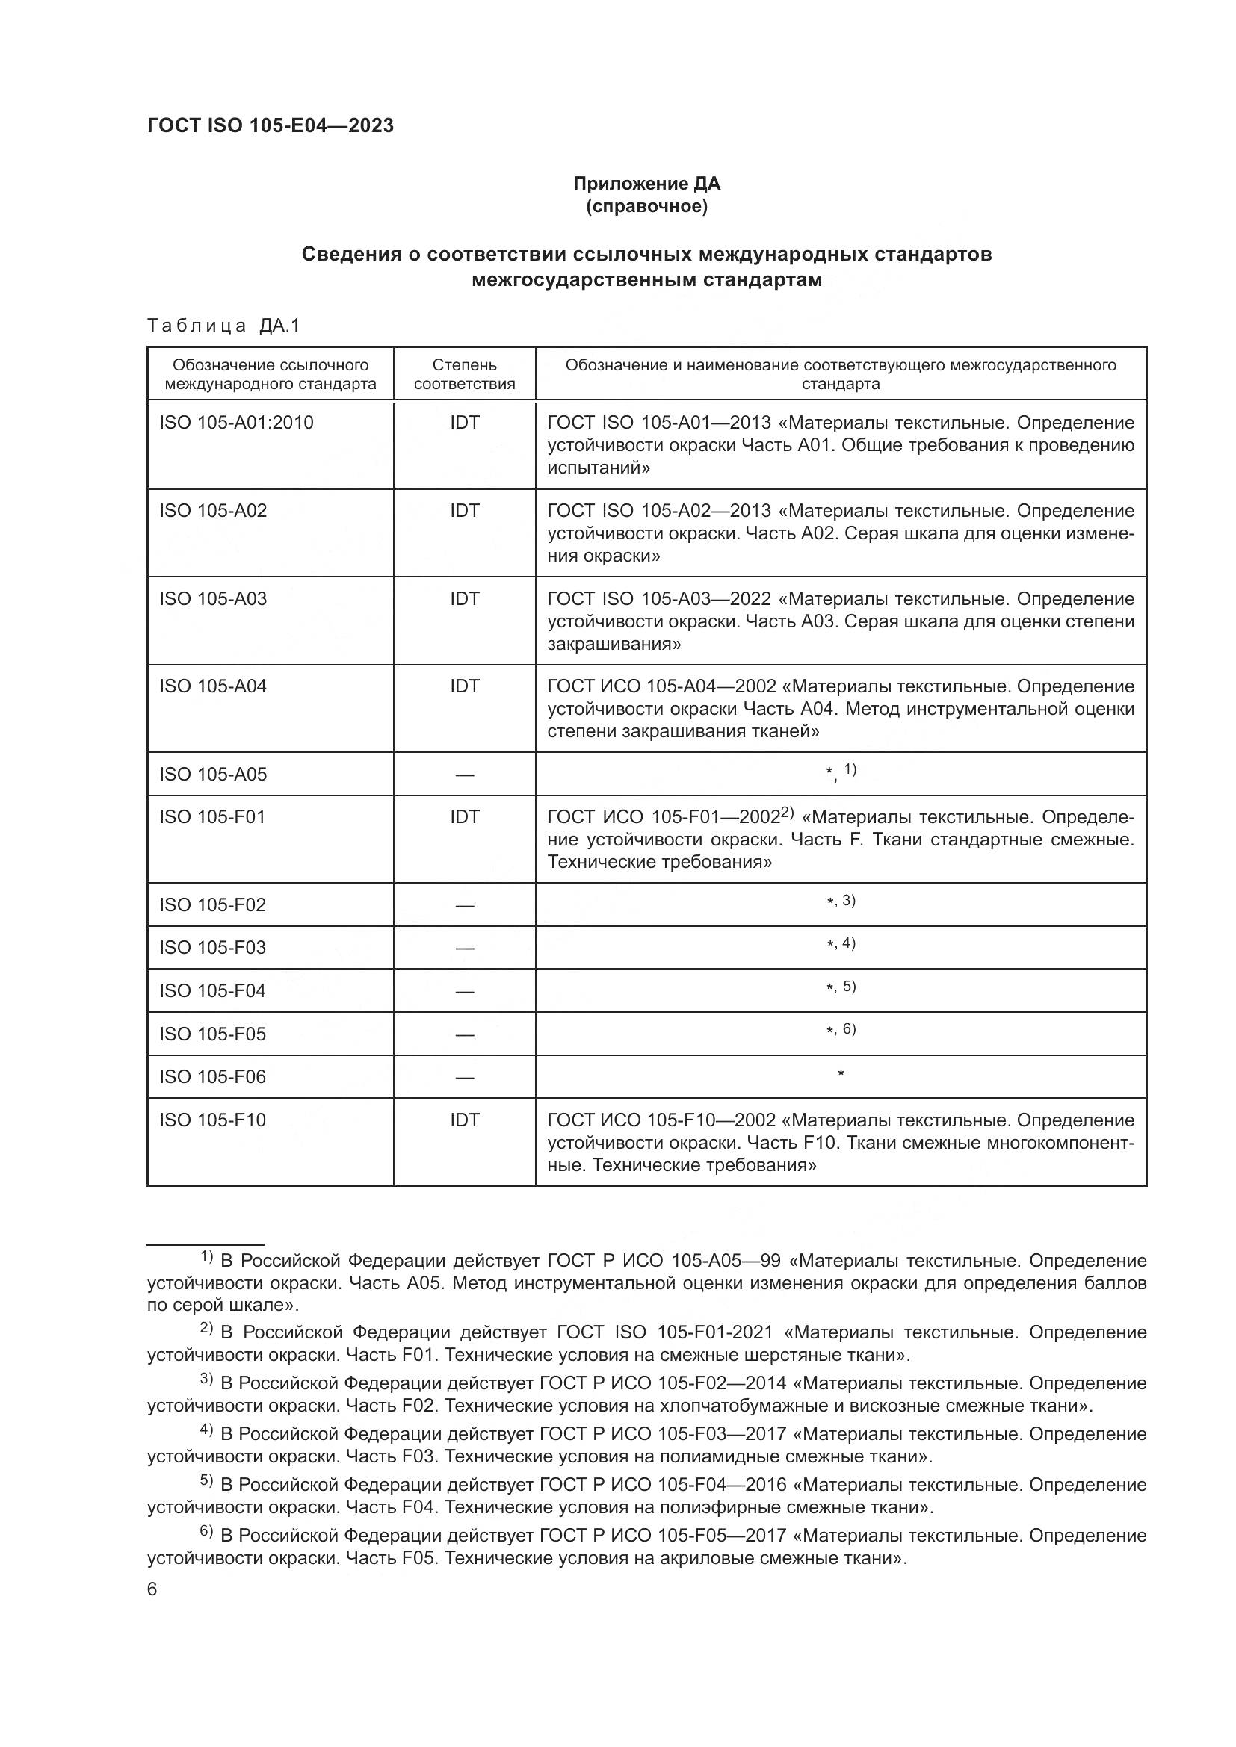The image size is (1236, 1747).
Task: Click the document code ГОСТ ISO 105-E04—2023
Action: (271, 125)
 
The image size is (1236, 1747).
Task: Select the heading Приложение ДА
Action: (646, 184)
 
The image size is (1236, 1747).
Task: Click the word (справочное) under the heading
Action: (646, 206)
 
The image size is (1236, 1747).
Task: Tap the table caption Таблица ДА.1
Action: (223, 326)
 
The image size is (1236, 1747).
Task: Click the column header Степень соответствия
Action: (464, 374)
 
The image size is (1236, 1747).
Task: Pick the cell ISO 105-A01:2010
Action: (236, 422)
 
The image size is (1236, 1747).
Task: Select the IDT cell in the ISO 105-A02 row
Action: (464, 511)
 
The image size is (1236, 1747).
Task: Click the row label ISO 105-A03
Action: (213, 599)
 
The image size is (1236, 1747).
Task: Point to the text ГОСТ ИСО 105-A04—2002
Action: (661, 686)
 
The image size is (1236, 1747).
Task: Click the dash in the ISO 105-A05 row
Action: (464, 775)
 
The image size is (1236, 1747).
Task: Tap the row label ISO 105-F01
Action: (212, 817)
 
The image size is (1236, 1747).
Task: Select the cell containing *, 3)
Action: (840, 902)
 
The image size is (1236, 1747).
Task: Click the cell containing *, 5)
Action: (840, 987)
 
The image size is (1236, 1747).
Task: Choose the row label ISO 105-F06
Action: (212, 1077)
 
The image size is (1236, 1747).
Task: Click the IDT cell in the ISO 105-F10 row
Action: (464, 1120)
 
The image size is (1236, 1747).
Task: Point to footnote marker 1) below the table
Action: (206, 1256)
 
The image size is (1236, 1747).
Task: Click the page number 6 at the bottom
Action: (152, 1589)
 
